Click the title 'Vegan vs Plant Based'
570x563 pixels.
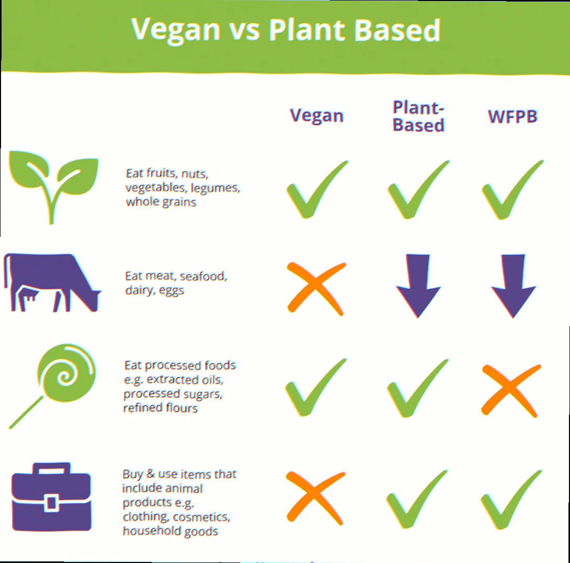coord(286,30)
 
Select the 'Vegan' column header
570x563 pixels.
coord(317,116)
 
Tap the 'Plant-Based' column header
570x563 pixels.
coord(418,116)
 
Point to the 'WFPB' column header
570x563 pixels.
coord(512,116)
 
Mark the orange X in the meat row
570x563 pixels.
coord(316,288)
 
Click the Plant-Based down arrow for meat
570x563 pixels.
coord(418,285)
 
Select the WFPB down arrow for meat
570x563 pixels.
coord(513,285)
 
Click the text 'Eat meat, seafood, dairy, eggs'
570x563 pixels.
coord(175,283)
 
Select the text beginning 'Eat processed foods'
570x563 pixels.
coord(180,386)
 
